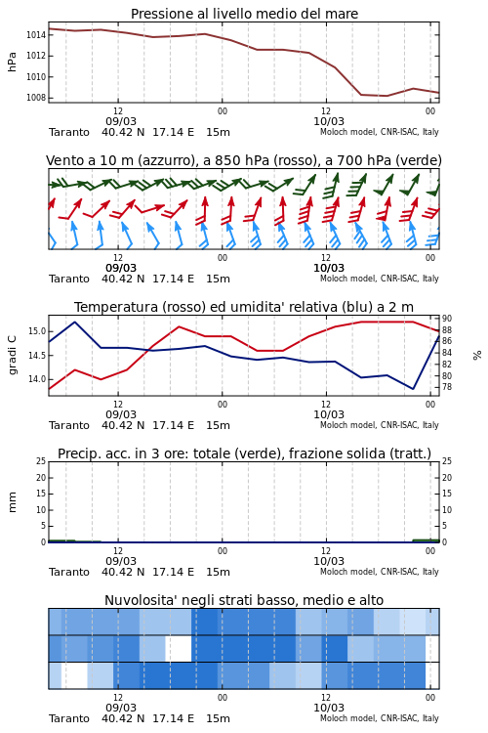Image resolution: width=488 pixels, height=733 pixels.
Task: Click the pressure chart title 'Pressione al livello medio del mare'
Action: click(244, 14)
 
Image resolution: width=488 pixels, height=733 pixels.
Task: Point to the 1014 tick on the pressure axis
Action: click(36, 34)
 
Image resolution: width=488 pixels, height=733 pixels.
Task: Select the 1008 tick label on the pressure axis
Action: click(36, 98)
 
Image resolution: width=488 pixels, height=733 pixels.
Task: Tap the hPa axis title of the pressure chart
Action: click(12, 62)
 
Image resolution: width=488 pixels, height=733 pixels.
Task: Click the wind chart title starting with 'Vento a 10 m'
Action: click(244, 160)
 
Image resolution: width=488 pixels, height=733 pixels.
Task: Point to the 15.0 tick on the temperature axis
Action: click(37, 331)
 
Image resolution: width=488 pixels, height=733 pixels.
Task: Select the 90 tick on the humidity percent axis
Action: click(447, 319)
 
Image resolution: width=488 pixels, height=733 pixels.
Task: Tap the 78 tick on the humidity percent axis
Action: click(447, 387)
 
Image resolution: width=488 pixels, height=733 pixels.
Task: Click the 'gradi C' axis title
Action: click(13, 356)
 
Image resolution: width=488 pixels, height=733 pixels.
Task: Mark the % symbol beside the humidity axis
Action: click(477, 356)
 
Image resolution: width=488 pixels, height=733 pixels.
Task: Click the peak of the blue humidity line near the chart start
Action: click(75, 322)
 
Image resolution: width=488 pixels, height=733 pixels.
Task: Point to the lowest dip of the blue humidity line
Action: click(413, 389)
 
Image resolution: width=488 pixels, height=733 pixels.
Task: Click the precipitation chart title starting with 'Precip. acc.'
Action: click(244, 453)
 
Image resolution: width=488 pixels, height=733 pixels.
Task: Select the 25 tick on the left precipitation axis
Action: click(41, 461)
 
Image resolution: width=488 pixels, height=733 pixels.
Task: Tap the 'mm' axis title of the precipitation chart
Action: click(13, 502)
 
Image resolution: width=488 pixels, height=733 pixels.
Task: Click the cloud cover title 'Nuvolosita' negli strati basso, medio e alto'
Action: click(244, 600)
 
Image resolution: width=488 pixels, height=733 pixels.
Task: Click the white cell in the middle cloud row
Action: click(179, 648)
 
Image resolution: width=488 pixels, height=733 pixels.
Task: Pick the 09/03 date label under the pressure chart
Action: click(121, 121)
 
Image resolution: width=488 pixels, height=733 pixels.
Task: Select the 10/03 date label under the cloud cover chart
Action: click(329, 708)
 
